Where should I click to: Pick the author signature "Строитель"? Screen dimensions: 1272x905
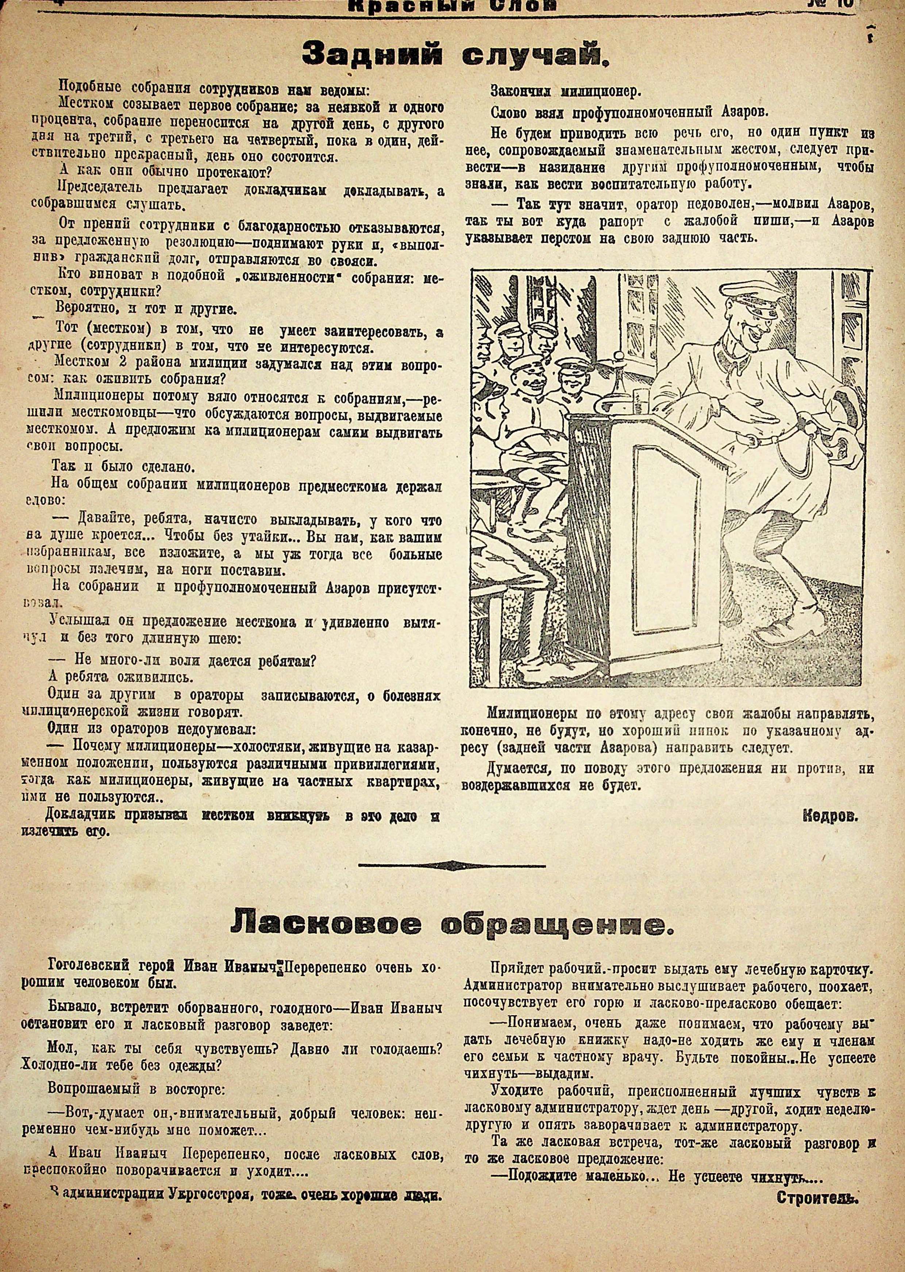825,1194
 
